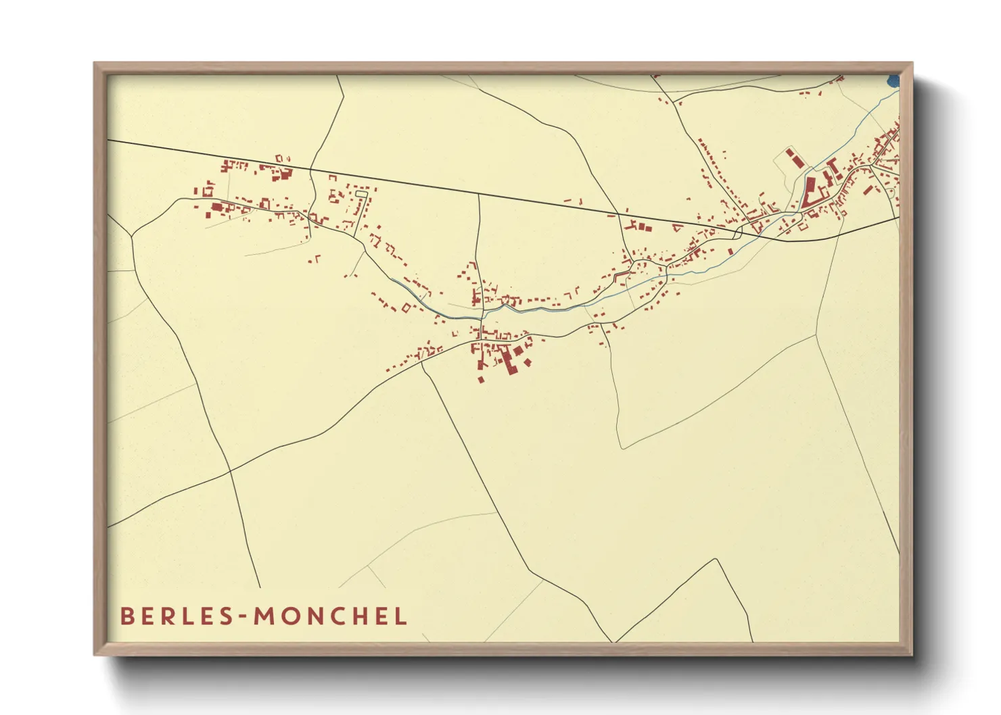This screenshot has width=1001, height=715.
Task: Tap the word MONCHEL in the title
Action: pyautogui.click(x=331, y=616)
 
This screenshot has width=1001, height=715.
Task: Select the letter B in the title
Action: pyautogui.click(x=126, y=616)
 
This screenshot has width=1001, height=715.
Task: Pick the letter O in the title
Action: pyautogui.click(x=289, y=616)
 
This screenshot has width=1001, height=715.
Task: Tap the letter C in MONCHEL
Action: pyautogui.click(x=336, y=616)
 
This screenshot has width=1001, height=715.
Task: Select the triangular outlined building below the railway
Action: pyautogui.click(x=676, y=228)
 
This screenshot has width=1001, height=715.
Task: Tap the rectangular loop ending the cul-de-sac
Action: pyautogui.click(x=361, y=195)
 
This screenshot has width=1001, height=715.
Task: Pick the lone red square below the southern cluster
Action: pyautogui.click(x=481, y=380)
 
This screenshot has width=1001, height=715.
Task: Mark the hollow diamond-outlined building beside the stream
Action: pyautogui.click(x=406, y=308)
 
